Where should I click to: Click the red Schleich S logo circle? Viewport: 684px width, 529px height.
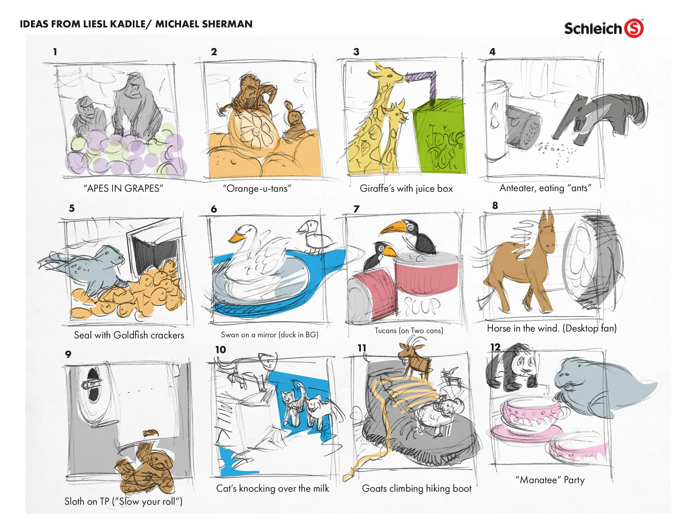click(634, 28)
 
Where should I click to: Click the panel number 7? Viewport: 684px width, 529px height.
click(356, 209)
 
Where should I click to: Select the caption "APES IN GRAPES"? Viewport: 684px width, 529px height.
click(123, 188)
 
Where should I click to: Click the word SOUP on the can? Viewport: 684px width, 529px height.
click(422, 306)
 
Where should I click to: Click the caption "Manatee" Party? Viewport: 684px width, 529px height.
click(550, 480)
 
